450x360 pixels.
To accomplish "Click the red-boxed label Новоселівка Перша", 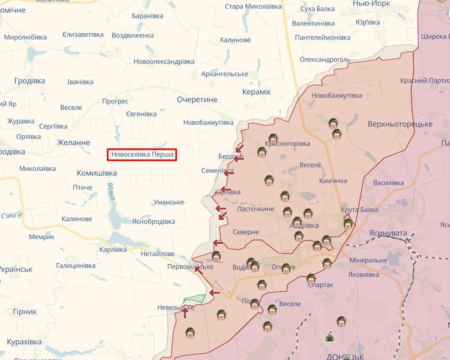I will click(142, 155).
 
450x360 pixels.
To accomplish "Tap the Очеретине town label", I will click(197, 100).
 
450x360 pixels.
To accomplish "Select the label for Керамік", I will click(256, 92).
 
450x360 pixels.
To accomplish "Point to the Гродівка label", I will click(30, 81).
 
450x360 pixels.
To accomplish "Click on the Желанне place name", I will click(73, 142).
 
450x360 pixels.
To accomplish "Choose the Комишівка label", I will click(97, 173).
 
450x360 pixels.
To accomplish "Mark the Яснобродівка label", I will click(153, 221).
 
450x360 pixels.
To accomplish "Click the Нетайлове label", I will click(158, 254).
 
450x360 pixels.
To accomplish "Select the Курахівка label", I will click(24, 342).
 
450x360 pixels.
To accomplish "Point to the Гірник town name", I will click(25, 312).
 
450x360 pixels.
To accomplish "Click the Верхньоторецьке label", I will click(400, 124).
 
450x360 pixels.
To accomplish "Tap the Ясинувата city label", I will click(388, 233).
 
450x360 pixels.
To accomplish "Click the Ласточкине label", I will click(256, 209).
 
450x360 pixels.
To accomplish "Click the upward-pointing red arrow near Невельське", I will click(185, 313).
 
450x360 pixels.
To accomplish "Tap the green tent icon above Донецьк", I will click(329, 337).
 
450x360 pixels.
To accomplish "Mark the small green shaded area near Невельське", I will click(194, 299).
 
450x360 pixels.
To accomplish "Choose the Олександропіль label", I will click(325, 60).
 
